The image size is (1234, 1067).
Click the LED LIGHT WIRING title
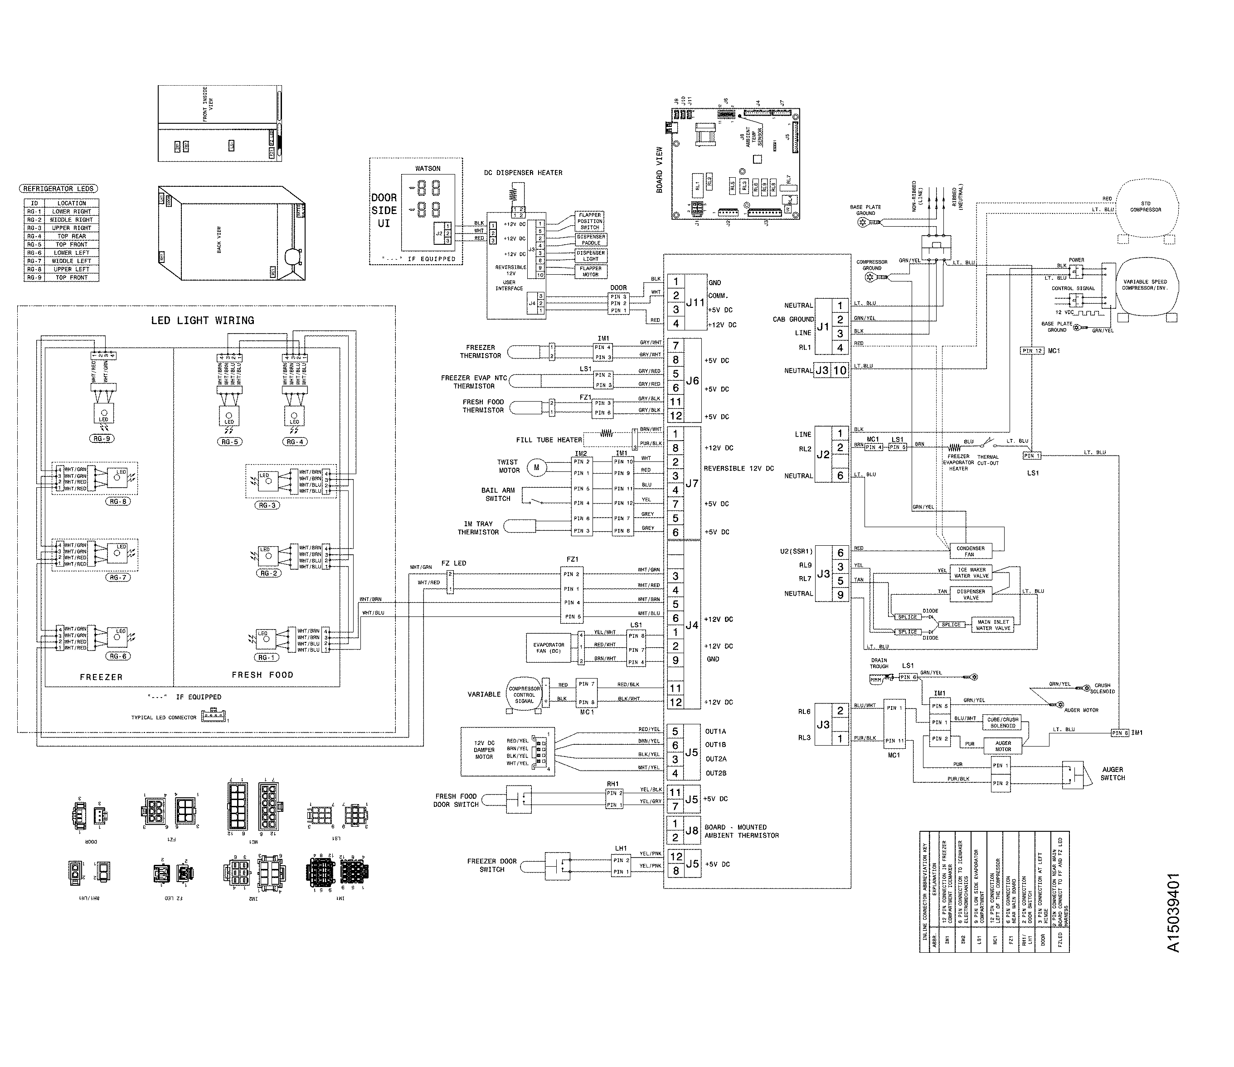tap(203, 320)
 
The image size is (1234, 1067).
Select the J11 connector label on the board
tap(695, 302)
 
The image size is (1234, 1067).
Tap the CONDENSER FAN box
tap(970, 551)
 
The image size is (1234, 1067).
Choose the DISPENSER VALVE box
tap(971, 594)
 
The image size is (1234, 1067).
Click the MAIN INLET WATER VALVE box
tap(992, 625)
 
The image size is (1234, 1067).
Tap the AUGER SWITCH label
tap(1112, 773)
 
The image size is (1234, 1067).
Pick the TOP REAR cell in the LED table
tap(72, 237)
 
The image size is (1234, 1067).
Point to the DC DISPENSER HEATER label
tap(523, 173)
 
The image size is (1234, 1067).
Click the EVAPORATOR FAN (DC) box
tap(549, 648)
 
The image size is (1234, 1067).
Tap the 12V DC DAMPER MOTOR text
tap(484, 750)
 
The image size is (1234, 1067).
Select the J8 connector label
tap(691, 830)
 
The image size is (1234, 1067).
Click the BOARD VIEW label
tap(659, 170)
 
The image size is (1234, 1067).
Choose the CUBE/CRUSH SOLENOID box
tap(1003, 722)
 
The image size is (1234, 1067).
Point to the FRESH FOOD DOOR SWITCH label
tap(456, 800)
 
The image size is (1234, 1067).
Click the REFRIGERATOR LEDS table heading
tap(58, 189)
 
